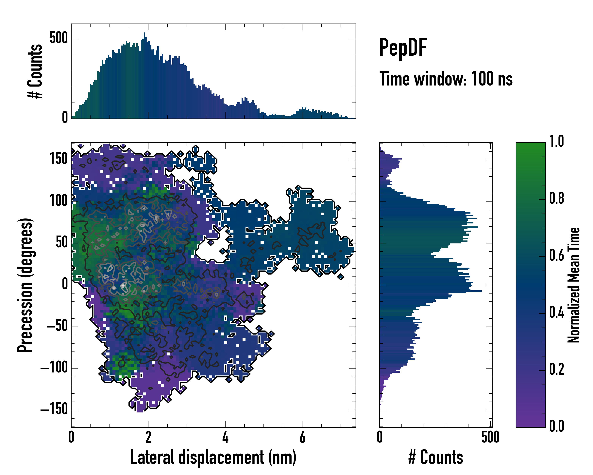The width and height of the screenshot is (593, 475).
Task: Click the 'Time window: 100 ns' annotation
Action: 446,79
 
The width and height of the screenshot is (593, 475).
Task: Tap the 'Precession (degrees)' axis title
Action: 25,285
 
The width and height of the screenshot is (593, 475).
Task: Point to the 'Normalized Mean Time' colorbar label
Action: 574,285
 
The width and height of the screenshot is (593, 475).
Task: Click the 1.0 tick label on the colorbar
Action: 556,142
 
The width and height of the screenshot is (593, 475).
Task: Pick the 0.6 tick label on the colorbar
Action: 556,255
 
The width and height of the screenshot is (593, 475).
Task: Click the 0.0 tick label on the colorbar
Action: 556,426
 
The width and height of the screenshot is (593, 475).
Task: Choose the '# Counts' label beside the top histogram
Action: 35,71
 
